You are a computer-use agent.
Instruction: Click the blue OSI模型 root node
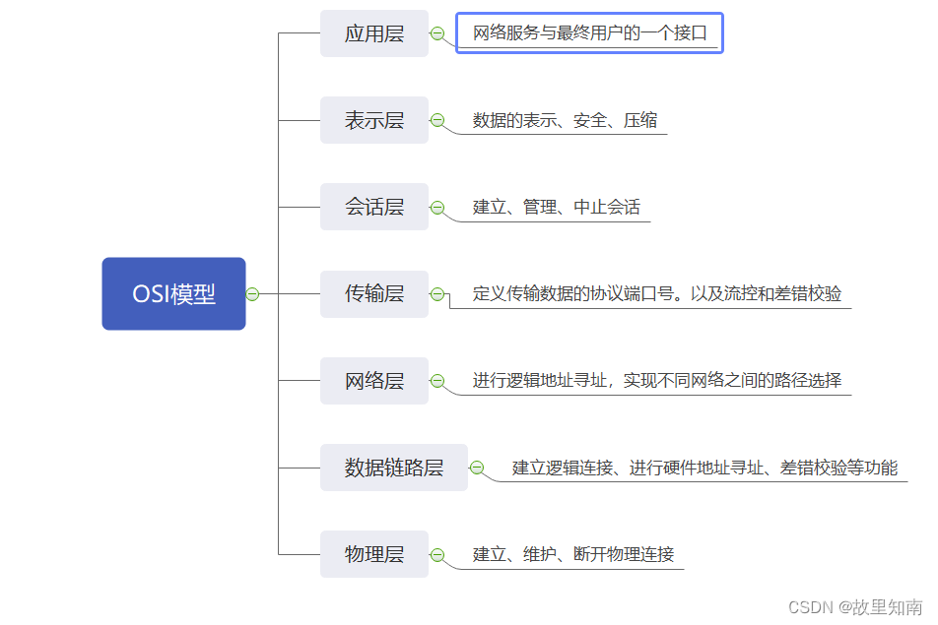[173, 293]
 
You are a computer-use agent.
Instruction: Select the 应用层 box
[374, 33]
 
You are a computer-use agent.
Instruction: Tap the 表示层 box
[374, 120]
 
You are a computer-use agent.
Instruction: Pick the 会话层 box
[374, 207]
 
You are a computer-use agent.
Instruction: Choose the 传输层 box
[374, 293]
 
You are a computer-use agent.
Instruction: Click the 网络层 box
[374, 381]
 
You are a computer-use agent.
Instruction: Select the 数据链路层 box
[393, 468]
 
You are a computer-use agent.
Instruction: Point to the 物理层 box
[374, 554]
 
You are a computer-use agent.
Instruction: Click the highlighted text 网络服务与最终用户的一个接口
[589, 33]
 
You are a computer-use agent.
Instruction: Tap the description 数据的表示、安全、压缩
[565, 121]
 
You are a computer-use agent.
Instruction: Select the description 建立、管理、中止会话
[556, 208]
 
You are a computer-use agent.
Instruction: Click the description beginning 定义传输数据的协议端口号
[656, 294]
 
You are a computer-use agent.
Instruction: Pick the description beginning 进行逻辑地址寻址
[656, 381]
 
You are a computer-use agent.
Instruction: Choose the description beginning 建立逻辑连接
[704, 468]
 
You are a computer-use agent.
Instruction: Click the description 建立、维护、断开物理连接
[573, 554]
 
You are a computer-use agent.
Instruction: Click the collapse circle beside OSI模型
[252, 293]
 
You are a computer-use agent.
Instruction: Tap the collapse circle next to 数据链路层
[477, 468]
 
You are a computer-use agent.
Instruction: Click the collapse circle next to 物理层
[437, 554]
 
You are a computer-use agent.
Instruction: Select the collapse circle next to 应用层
[437, 33]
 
